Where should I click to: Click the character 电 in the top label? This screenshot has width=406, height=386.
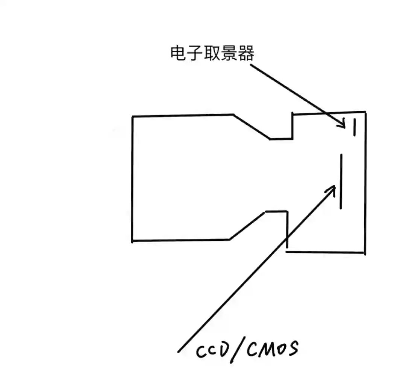click(178, 54)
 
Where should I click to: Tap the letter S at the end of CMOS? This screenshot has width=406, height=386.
click(292, 348)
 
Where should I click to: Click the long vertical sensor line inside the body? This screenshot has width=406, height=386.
click(341, 181)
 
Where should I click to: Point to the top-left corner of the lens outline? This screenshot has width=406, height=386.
click(133, 117)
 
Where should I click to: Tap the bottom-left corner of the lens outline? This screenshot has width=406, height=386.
click(132, 241)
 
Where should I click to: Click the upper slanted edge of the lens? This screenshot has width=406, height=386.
click(251, 127)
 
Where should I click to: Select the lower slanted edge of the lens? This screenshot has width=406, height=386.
click(247, 225)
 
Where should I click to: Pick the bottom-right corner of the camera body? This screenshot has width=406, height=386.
click(364, 253)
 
